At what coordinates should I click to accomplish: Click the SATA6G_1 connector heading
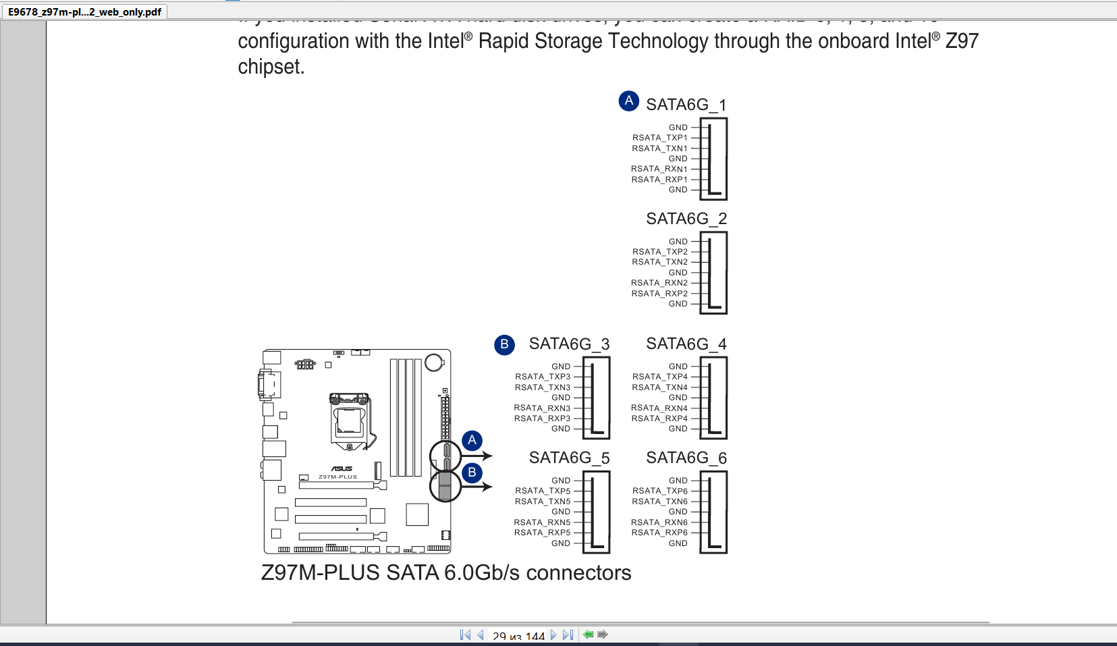point(686,105)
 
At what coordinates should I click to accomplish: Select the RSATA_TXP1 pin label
point(659,138)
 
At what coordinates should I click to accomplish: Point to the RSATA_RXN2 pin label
point(659,283)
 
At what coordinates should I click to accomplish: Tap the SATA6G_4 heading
point(686,344)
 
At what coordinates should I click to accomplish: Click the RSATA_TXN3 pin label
point(543,387)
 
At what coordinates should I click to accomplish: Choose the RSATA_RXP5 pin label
point(542,533)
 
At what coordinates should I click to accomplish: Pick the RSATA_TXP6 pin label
point(659,491)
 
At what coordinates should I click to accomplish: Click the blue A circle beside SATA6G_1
point(628,101)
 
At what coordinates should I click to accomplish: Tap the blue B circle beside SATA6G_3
point(504,344)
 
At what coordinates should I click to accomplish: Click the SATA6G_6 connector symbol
point(713,512)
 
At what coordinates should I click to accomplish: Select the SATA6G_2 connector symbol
point(713,273)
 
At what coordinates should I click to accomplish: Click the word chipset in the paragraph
point(271,67)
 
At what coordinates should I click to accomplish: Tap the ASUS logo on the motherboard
point(342,468)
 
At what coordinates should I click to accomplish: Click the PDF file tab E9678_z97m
point(84,11)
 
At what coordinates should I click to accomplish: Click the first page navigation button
point(465,635)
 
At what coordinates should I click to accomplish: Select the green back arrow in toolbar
point(588,635)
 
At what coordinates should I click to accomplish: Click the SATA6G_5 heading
point(569,458)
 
